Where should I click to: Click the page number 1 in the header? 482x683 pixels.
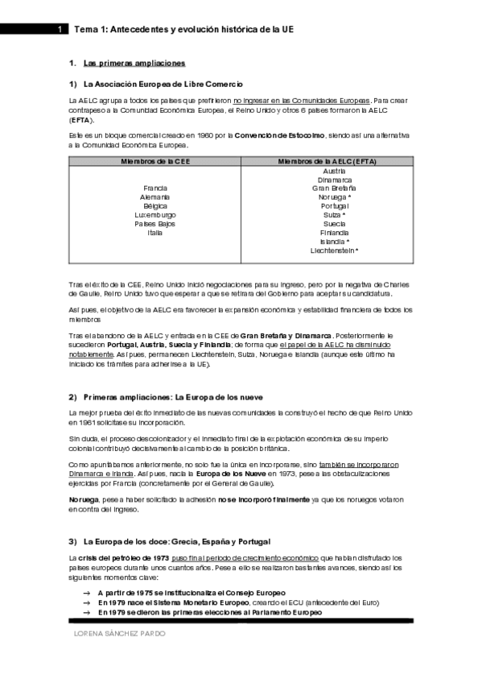tap(60, 29)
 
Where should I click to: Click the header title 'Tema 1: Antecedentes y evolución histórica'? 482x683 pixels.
tap(183, 29)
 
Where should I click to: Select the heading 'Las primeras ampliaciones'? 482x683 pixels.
tap(134, 63)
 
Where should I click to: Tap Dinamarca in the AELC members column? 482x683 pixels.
tap(334, 179)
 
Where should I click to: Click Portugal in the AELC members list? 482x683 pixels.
tap(334, 205)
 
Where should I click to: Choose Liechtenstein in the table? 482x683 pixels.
tap(334, 250)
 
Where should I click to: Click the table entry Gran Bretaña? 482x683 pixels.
tap(334, 188)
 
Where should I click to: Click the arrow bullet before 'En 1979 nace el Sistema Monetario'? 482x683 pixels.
tap(86, 602)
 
